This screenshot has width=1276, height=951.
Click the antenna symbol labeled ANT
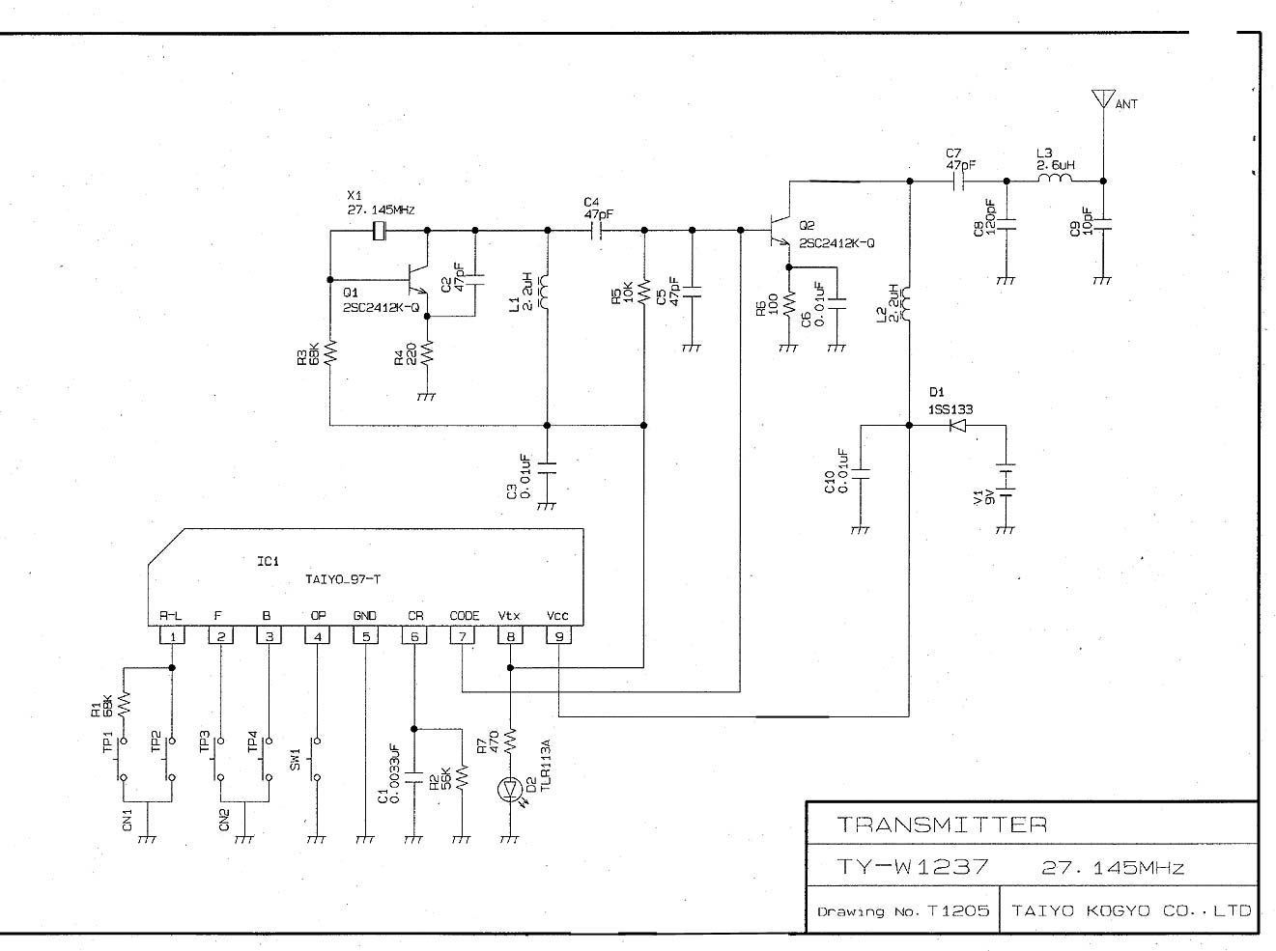tap(1103, 98)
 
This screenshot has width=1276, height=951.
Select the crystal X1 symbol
tap(379, 231)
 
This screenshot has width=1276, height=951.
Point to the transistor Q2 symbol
tap(780, 231)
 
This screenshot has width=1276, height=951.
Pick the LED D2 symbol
tap(510, 789)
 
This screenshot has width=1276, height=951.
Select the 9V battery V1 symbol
tap(1007, 480)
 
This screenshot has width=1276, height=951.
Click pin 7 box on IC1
tap(463, 636)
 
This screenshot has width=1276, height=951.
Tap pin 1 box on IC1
tap(172, 636)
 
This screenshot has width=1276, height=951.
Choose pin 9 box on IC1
tap(558, 636)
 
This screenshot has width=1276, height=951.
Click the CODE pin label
tap(464, 615)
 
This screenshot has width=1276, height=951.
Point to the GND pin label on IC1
tap(365, 615)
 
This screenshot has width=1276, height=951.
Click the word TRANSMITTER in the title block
tap(942, 825)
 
